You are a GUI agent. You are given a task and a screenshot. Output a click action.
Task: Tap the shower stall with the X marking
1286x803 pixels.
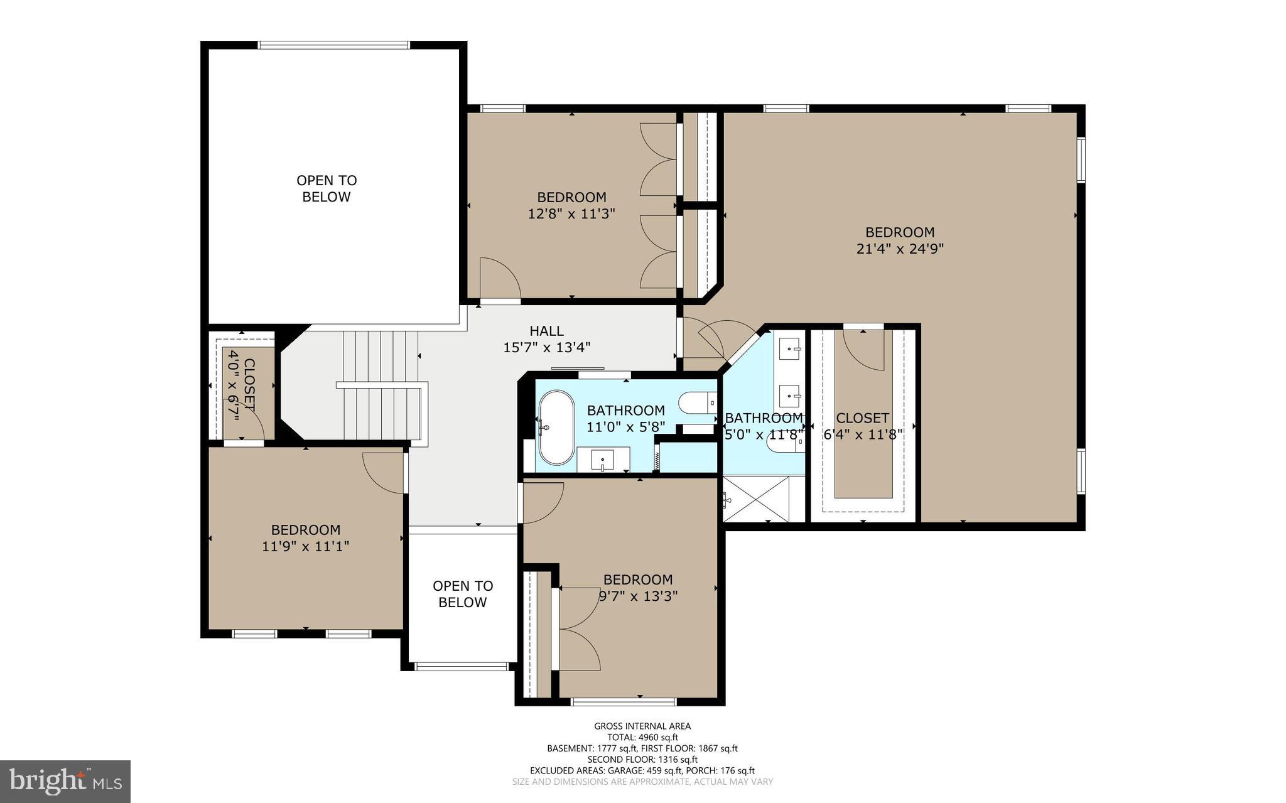click(756, 499)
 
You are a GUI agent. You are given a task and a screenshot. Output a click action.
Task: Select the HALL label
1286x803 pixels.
click(546, 331)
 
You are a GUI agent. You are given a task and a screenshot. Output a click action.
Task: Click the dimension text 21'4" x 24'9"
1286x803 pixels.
click(900, 249)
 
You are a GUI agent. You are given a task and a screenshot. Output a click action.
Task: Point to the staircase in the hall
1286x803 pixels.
click(381, 386)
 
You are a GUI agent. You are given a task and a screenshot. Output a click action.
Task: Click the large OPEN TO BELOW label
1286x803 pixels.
click(327, 188)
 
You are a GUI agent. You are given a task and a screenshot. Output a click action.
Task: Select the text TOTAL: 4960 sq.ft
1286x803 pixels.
click(642, 737)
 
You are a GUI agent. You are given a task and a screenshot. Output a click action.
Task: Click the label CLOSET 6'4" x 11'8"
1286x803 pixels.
click(863, 426)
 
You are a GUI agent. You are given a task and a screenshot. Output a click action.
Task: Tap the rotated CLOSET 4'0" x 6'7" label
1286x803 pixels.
click(241, 385)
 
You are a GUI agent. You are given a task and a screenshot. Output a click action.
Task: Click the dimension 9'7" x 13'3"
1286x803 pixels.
click(638, 596)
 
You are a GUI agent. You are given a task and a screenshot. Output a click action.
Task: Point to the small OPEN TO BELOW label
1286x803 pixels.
click(463, 594)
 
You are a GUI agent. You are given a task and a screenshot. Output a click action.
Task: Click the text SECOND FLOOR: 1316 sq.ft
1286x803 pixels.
click(642, 759)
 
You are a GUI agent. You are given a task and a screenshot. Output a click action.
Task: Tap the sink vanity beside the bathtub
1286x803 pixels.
click(603, 460)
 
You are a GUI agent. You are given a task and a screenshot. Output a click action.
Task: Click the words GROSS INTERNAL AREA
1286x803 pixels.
click(642, 726)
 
